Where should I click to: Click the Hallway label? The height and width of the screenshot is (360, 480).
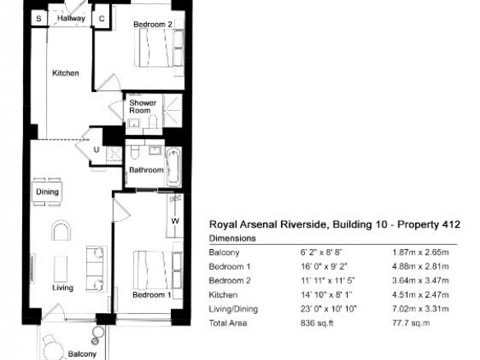(x=71, y=18)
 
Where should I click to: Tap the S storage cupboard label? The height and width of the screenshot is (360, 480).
(x=39, y=19)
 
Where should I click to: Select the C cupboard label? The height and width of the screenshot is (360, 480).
(x=102, y=19)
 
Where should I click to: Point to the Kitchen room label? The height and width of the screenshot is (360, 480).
(x=66, y=73)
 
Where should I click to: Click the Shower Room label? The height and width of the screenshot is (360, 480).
(x=142, y=107)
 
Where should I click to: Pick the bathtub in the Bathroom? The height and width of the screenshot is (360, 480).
(x=173, y=167)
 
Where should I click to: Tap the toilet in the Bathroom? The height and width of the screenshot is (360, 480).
(x=135, y=152)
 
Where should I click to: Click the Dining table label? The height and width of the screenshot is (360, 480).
(x=47, y=192)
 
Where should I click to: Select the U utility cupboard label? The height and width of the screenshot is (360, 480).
(x=96, y=150)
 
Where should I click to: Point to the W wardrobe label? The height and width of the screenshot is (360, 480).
(x=175, y=221)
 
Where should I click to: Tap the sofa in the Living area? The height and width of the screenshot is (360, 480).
(x=97, y=269)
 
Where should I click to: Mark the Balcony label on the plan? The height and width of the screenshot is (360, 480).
(x=82, y=354)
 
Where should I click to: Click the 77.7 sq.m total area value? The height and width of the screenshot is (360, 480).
(x=411, y=323)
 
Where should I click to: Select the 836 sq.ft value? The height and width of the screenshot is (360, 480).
(x=316, y=323)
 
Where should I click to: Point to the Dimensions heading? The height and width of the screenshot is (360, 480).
(x=233, y=238)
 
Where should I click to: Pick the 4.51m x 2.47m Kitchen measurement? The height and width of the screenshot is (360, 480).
(x=420, y=295)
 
